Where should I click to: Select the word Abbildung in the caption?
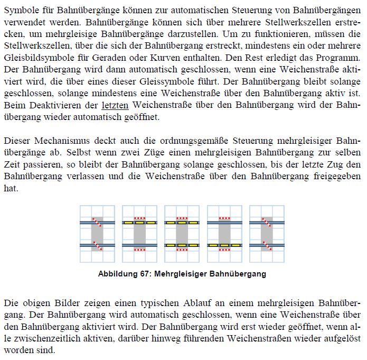coord(118,274)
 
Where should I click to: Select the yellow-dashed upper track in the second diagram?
coord(139,223)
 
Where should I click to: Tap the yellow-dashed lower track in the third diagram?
coord(182,245)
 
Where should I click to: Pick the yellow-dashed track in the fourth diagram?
coord(224,245)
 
